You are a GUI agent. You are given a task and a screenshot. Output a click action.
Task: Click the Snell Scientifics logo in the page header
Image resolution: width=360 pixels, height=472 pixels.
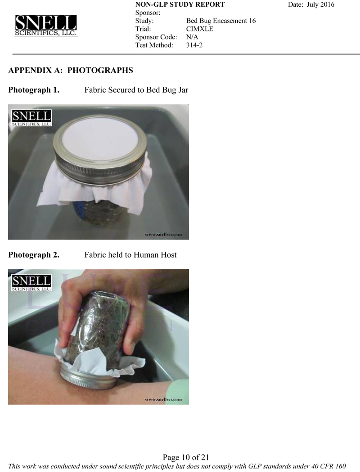[46, 26]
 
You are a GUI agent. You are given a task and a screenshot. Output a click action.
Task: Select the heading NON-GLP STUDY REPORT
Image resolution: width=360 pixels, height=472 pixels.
[180, 4]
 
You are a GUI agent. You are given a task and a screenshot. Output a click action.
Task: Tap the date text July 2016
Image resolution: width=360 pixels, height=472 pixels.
[320, 4]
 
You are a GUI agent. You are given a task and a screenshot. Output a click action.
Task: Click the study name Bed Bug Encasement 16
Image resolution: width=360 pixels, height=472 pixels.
[220, 21]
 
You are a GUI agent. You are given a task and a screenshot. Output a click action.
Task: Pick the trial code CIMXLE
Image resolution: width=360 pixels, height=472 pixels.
[199, 29]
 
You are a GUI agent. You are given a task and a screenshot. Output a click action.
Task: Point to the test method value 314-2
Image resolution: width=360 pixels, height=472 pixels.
[194, 45]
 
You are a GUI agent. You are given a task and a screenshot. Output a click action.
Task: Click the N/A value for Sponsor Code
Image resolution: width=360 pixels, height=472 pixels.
[192, 37]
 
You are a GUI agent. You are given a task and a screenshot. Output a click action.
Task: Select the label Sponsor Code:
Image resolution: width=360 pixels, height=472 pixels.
[156, 37]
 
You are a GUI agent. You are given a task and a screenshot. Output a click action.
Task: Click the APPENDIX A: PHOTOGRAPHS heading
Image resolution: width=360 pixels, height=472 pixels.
[71, 71]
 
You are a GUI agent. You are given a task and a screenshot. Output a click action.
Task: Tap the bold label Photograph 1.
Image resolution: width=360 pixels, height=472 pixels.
[34, 90]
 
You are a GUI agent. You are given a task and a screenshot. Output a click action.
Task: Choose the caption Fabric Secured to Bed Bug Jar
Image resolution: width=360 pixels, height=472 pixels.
[136, 90]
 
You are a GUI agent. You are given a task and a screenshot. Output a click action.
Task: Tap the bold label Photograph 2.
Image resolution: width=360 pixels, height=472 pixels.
[34, 255]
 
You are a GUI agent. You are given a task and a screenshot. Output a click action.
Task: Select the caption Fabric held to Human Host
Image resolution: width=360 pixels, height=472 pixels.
[130, 255]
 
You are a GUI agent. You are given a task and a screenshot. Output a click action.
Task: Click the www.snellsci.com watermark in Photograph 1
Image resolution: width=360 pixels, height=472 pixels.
[163, 234]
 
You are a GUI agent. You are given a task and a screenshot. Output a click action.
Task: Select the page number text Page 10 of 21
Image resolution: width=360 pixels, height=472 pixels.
[186, 458]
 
